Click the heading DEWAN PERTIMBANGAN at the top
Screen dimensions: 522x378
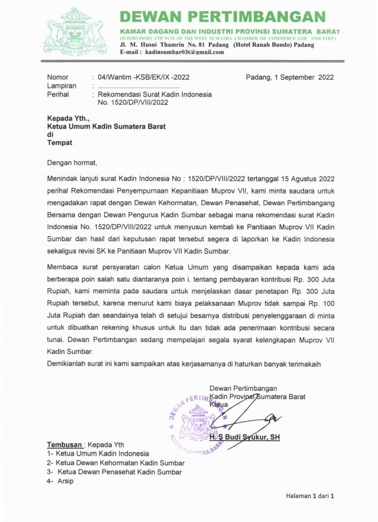coord(223,17)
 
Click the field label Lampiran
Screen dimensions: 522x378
coord(61,86)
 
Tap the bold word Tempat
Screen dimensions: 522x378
coord(60,142)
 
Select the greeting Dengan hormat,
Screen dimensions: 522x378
coord(72,163)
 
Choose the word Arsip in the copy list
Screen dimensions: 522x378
coord(66,481)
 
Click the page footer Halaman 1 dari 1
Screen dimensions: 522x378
coord(310,496)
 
